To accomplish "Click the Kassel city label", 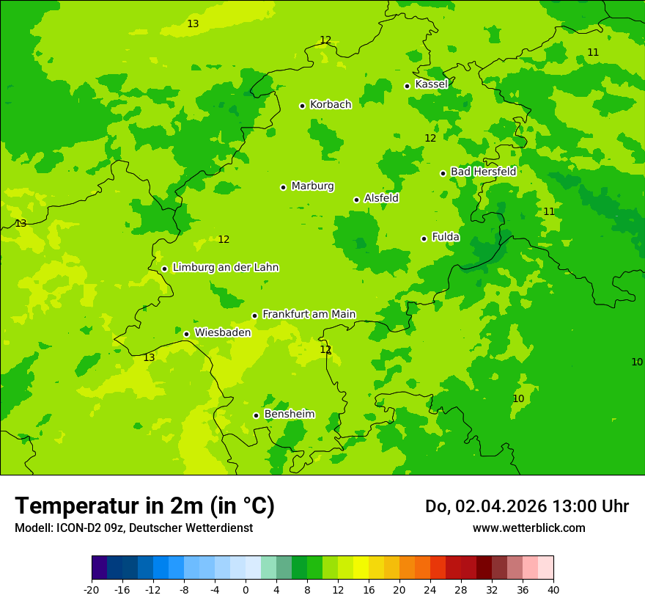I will [x=431, y=84].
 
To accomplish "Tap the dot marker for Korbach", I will [x=302, y=106].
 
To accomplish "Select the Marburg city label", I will [x=312, y=186].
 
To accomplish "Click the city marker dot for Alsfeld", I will [x=356, y=200].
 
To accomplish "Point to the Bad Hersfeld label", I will [x=483, y=172].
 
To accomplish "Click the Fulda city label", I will [x=446, y=237].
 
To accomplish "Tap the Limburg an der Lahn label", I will [x=225, y=268].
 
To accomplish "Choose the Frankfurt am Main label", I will [x=309, y=314].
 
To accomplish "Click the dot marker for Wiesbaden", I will [x=186, y=334].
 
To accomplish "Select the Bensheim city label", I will [x=289, y=414].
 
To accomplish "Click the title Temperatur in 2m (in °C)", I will [x=144, y=506].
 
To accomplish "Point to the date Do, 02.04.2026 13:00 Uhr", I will [x=526, y=506].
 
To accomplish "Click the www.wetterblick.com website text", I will [x=528, y=528].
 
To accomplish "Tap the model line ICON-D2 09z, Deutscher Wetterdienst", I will [x=133, y=528].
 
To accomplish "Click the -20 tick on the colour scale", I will [x=92, y=589].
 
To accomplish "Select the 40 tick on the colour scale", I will [x=553, y=589].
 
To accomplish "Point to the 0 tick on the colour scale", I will [x=246, y=589].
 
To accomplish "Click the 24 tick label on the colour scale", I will [x=430, y=589].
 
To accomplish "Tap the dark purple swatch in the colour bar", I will [x=99, y=568].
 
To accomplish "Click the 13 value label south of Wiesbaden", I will [x=149, y=357].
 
